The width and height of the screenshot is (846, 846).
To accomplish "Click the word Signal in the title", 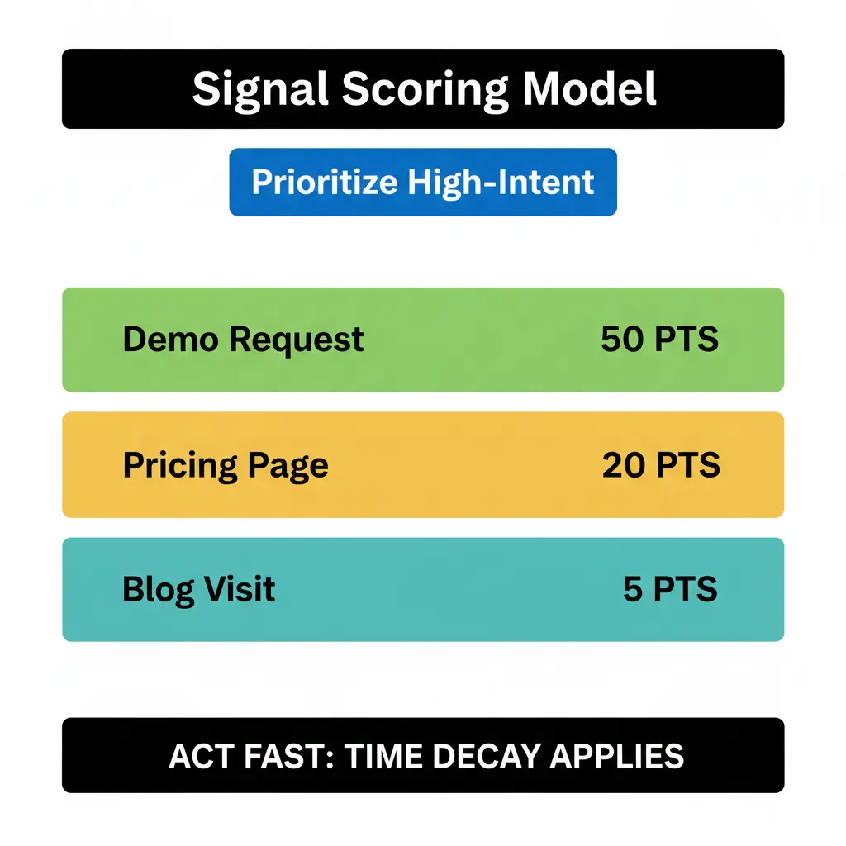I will [257, 88].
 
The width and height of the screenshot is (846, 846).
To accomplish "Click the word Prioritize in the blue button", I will [322, 182].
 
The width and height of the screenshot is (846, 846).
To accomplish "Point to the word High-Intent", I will [499, 182].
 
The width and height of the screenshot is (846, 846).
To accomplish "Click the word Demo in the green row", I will [170, 340].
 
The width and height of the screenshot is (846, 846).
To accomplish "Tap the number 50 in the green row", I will [621, 340].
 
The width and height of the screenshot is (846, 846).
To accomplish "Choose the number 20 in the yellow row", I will [624, 466].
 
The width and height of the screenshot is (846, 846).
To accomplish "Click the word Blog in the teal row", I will [158, 590].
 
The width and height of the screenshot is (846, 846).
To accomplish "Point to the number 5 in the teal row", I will [633, 590].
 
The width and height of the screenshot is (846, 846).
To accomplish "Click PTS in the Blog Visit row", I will [685, 590].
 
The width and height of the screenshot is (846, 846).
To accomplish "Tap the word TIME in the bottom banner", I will [383, 756].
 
